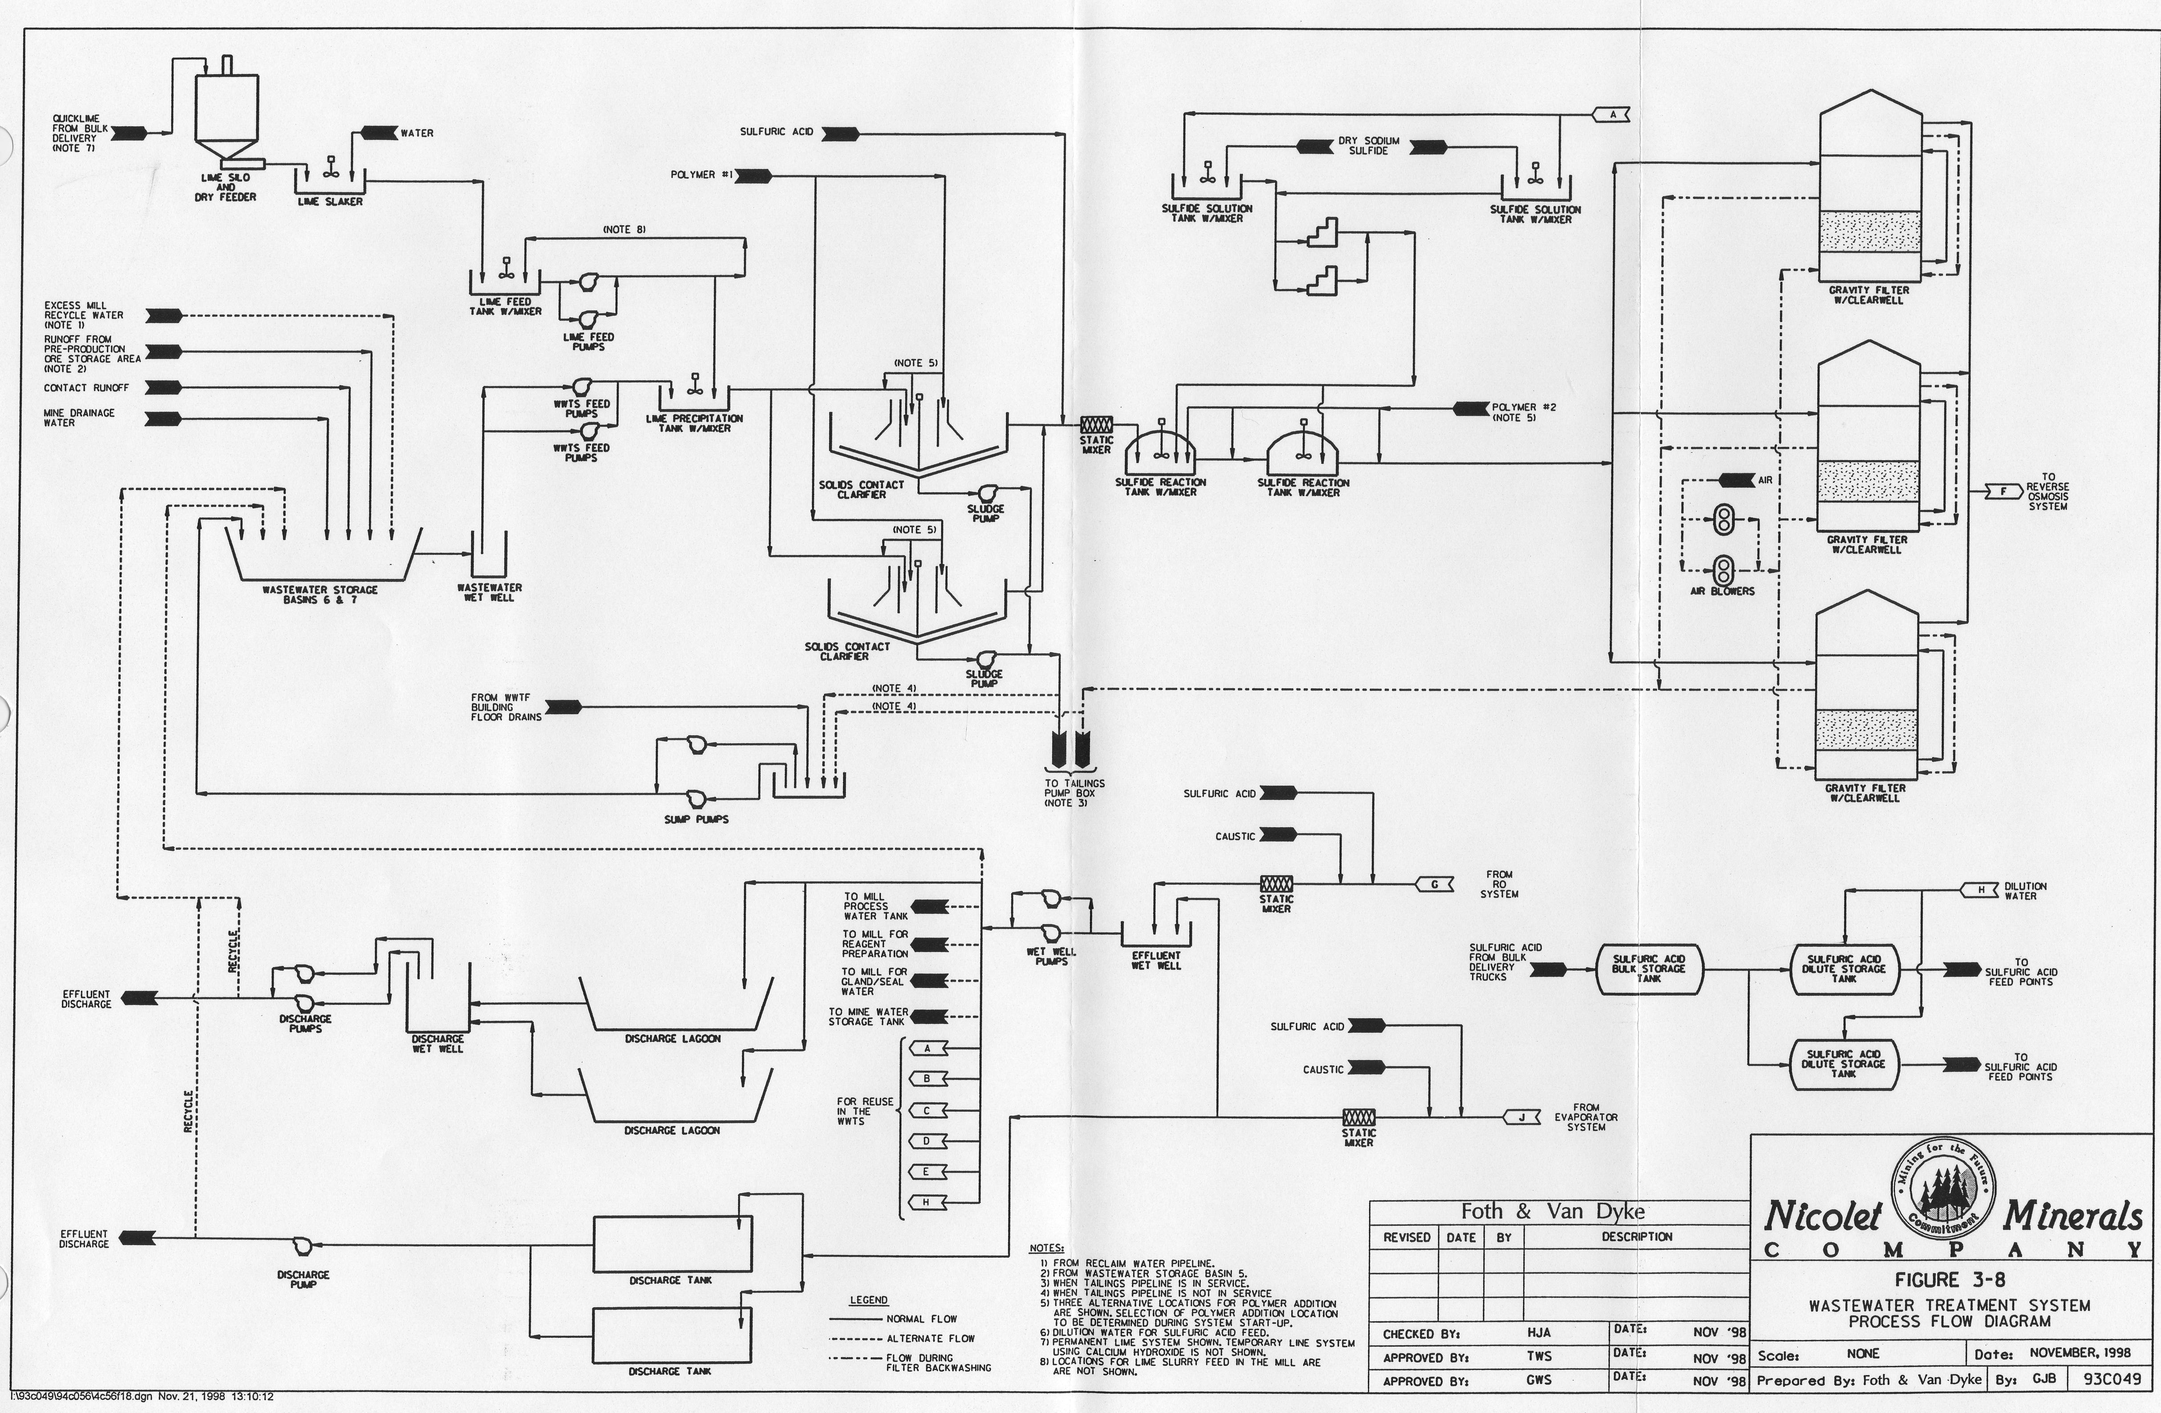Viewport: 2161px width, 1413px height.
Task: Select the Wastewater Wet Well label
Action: click(490, 592)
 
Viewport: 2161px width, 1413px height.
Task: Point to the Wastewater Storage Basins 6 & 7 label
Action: click(320, 595)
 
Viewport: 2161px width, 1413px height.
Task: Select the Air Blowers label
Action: click(1722, 591)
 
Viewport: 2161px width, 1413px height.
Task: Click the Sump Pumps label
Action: click(697, 819)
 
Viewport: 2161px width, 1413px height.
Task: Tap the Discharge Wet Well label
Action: click(438, 1044)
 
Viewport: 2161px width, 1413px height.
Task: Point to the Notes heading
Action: click(1046, 1249)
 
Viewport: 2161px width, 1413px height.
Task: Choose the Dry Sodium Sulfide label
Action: click(1368, 145)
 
